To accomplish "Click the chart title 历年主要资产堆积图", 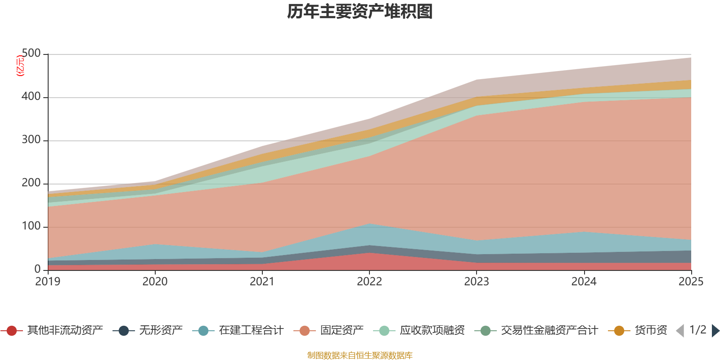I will tap(360, 12).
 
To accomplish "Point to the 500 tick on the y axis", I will tap(31, 54).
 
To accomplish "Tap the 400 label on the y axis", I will tap(31, 97).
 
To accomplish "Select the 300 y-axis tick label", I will tap(31, 140).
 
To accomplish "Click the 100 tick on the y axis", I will tap(31, 226).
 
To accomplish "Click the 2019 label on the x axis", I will tap(48, 282).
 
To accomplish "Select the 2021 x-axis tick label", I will tap(262, 282).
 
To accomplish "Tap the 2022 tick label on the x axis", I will tap(369, 282).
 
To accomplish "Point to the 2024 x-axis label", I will tap(584, 282).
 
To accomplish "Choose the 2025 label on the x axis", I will tap(691, 282).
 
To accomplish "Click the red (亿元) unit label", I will tap(20, 66).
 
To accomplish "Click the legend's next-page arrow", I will tap(715, 331).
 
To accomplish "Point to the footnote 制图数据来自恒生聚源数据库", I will tap(360, 355).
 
